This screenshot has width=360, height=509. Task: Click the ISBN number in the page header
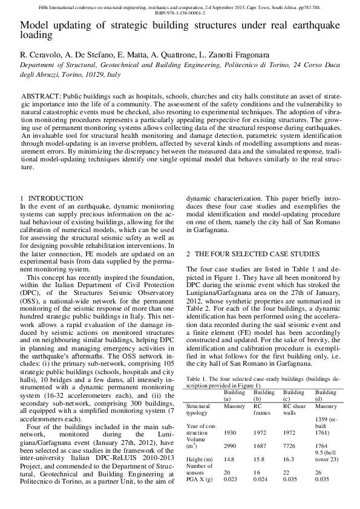pos(180,12)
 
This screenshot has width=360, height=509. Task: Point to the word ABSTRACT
pos(40,97)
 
